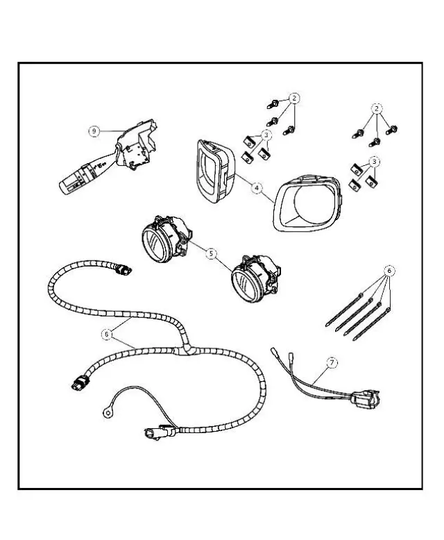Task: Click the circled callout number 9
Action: click(94, 131)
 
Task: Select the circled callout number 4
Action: click(257, 187)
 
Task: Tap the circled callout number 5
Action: click(212, 254)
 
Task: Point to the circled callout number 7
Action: click(332, 362)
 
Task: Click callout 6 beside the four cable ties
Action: click(389, 271)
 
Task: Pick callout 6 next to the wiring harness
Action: click(107, 334)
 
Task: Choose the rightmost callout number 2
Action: click(377, 109)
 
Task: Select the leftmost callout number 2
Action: click(293, 99)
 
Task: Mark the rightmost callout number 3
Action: click(374, 162)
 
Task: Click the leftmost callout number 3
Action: click(266, 135)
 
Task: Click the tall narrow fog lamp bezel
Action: click(199, 171)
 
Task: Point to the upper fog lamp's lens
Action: click(155, 244)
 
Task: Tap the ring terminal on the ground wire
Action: click(107, 412)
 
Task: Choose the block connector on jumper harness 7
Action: click(365, 399)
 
